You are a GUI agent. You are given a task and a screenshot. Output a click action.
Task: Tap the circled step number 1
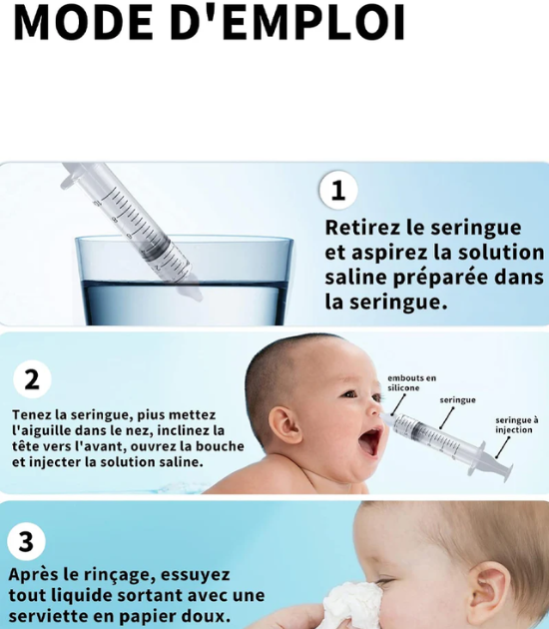[x=338, y=189]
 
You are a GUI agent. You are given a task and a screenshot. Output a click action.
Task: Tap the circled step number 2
[x=32, y=379]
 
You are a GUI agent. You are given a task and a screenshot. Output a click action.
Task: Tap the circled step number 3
[x=27, y=542]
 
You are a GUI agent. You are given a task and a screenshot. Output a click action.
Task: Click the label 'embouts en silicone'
[x=411, y=382]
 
